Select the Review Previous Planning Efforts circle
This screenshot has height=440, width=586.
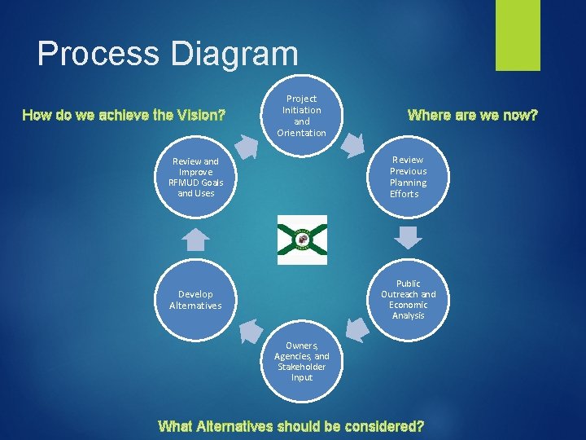(x=408, y=177)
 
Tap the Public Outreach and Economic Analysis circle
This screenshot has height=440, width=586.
(x=408, y=299)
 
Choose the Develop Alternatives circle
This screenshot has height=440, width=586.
(x=195, y=299)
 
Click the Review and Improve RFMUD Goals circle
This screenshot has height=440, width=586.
(x=195, y=177)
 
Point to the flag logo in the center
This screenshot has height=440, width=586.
(x=302, y=240)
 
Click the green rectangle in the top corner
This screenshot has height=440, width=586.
(x=518, y=34)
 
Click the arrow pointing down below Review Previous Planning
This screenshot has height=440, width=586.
(x=409, y=236)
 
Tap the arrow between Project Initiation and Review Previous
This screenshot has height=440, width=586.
(x=353, y=143)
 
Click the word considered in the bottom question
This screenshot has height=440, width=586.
(x=383, y=425)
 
